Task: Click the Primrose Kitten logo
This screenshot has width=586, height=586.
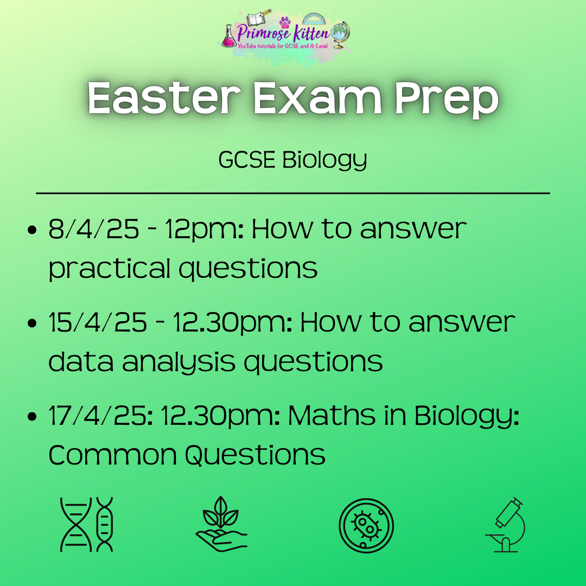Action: click(x=285, y=37)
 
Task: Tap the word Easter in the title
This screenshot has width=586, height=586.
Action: click(x=164, y=98)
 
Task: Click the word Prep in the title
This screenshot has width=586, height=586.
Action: click(x=447, y=100)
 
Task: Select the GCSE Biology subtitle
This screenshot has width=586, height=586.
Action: click(x=292, y=160)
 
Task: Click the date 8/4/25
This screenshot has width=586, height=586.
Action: click(x=94, y=229)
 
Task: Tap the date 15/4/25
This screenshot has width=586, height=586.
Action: click(x=98, y=322)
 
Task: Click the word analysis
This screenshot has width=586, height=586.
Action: click(x=179, y=362)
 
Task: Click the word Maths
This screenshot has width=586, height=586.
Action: click(x=332, y=416)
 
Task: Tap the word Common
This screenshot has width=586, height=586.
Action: click(x=112, y=455)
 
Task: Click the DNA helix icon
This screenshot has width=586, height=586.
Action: click(x=86, y=524)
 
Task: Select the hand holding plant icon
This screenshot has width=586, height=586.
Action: click(x=221, y=524)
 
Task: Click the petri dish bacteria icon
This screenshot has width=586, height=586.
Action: click(x=366, y=525)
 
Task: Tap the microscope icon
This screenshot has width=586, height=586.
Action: click(x=505, y=524)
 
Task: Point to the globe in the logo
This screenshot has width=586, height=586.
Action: click(x=340, y=34)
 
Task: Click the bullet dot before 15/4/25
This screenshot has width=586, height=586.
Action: click(x=32, y=323)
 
